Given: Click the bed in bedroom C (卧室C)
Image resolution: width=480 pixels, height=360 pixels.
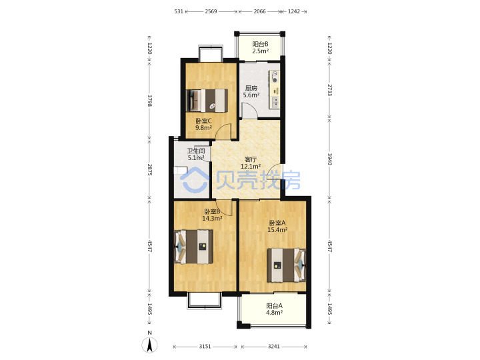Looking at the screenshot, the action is pyautogui.click(x=207, y=101).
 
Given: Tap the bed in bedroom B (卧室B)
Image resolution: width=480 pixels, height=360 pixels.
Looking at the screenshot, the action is pyautogui.click(x=194, y=247).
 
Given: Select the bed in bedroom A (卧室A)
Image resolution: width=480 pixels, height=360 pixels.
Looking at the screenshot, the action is pyautogui.click(x=287, y=265).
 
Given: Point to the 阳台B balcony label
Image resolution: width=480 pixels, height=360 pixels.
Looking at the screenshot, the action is pyautogui.click(x=260, y=44).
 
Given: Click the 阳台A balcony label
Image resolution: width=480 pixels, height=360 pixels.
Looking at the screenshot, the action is pyautogui.click(x=274, y=305).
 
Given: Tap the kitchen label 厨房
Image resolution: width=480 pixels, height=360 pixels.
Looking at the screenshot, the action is pyautogui.click(x=251, y=88).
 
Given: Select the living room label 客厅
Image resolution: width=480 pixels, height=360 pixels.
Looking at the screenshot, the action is pyautogui.click(x=251, y=159).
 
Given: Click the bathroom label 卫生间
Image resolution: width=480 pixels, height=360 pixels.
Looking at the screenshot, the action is pyautogui.click(x=196, y=151).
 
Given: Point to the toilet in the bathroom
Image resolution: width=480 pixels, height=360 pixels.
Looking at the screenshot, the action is pyautogui.click(x=180, y=170).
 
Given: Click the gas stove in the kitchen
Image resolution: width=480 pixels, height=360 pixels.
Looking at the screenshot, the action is pyautogui.click(x=274, y=77).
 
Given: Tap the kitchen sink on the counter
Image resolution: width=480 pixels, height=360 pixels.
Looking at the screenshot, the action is pyautogui.click(x=275, y=103).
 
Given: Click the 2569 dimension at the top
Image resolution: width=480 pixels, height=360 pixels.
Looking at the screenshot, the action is pyautogui.click(x=211, y=11).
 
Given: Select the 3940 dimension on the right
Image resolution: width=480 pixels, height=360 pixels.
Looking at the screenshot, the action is pyautogui.click(x=330, y=159).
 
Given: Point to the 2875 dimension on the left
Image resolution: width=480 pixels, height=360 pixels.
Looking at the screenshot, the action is pyautogui.click(x=150, y=169).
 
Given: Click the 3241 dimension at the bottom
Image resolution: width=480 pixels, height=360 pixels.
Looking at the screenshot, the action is pyautogui.click(x=274, y=346).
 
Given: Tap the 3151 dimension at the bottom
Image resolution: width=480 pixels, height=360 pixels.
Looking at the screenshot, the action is pyautogui.click(x=205, y=346).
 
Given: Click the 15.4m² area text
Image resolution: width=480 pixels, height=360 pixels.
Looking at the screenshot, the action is pyautogui.click(x=277, y=230).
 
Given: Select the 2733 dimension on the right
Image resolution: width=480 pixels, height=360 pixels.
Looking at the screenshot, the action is pyautogui.click(x=330, y=90).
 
